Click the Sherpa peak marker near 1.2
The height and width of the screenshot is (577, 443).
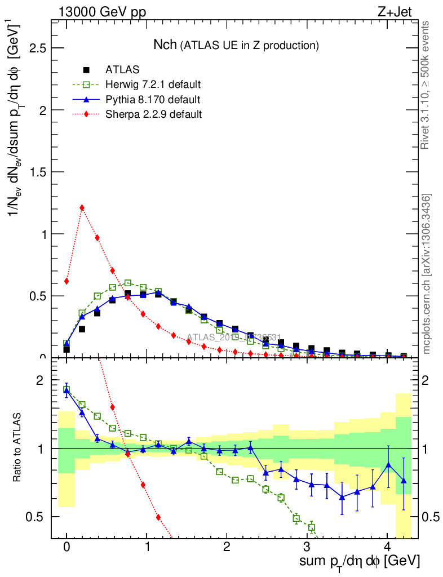point(82,207)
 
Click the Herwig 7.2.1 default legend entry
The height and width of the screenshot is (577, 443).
point(153,85)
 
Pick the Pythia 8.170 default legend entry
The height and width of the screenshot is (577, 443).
point(153,100)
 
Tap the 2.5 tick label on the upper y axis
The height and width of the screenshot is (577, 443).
point(37,48)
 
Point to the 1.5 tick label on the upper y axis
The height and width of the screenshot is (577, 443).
point(37,172)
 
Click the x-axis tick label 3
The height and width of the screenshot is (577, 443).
point(307,547)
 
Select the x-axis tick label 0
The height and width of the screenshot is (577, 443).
point(67,547)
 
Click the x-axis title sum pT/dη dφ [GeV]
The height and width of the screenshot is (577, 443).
point(360,562)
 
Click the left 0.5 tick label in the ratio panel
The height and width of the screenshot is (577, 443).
point(37,517)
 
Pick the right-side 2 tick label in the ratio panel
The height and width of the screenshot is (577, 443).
point(429,381)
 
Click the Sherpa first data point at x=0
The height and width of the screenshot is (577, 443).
point(67,281)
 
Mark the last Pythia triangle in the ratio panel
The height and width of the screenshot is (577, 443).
point(404,480)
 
